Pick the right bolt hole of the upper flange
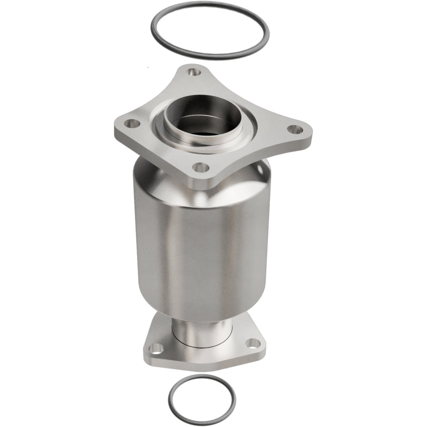pos(293,129)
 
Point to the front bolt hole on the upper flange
pos(201,167)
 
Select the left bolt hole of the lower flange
pos(155,348)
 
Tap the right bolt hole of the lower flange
pos(250,344)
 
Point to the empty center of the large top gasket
pos(209,29)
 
